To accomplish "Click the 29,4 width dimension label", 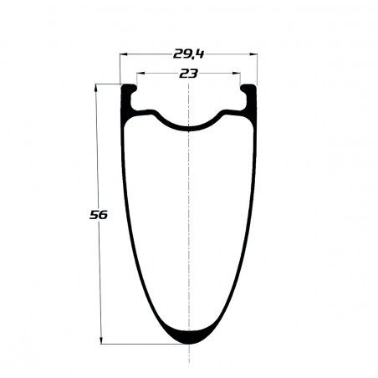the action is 188,54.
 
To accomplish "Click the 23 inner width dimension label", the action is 188,74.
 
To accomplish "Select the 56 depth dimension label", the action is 99,215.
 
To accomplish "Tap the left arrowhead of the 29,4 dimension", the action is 123,54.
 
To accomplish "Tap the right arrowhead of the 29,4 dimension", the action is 253,54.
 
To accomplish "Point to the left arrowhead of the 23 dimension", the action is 140,74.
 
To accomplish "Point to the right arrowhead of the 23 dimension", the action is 237,74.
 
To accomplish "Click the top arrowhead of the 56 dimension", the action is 96,88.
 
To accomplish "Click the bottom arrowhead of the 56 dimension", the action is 101,340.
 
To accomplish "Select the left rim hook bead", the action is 130,89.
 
